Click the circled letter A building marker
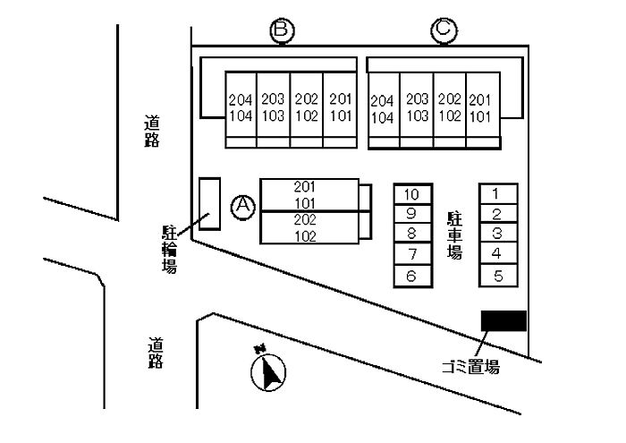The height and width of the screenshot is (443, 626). pos(243,208)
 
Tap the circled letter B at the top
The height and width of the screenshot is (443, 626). pos(283,31)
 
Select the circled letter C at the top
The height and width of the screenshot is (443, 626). pos(444,31)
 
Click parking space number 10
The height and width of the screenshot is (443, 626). pos(412,194)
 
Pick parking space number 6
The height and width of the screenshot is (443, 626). pos(412,276)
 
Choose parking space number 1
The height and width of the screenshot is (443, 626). pos(497,193)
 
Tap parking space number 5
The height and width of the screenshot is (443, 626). pos(497,276)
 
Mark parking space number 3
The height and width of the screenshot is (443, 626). pos(497,234)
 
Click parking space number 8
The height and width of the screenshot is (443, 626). pos(412,234)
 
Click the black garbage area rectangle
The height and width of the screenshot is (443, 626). pos(503,320)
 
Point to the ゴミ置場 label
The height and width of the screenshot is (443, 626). pos(470,367)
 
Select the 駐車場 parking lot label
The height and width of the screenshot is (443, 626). pos(455,235)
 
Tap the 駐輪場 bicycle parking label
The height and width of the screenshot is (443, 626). pos(168,249)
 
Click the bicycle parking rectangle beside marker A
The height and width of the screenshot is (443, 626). pos(209,204)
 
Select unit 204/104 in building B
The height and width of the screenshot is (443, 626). pos(241,108)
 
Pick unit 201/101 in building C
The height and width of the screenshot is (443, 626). pos(480,108)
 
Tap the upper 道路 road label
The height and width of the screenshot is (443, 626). pos(152,132)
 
